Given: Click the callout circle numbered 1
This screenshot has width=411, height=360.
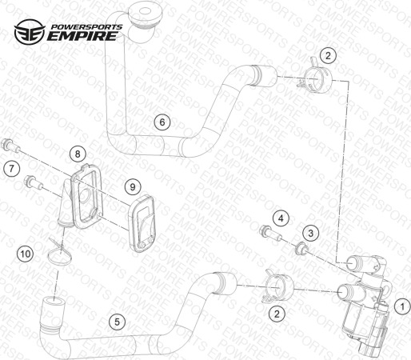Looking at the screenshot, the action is point(402,306).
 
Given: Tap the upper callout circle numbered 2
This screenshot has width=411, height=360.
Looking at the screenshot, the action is point(328,55).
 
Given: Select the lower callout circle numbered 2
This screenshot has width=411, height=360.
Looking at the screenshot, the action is point(277,314).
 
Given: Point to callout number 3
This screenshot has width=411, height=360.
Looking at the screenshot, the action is point(311,234).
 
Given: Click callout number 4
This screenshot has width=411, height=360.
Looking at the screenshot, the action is point(281,218).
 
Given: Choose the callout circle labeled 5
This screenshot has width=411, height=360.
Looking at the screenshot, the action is point(117,322).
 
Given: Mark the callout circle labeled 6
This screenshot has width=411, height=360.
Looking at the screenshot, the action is point(162,122).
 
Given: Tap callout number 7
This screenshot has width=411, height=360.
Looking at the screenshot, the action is point(11,169).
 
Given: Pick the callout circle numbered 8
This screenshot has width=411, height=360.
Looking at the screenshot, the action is point(78,154).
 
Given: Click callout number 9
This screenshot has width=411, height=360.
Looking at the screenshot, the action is point(133,187).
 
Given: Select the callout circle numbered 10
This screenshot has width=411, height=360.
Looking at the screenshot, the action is point(26,254).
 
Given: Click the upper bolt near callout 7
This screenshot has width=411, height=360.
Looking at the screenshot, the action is point(10,146).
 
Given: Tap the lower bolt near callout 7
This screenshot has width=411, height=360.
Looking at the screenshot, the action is point(33,182).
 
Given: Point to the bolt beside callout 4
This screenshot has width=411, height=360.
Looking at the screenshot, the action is point(270,233).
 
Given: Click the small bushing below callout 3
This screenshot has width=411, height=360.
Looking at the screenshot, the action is point(301,248).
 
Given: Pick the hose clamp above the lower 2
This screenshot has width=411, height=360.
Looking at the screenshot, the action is point(277,288).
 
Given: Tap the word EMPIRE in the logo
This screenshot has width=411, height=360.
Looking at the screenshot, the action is point(82,36).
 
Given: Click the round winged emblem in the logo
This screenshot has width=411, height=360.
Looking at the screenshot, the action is point(30,31).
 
